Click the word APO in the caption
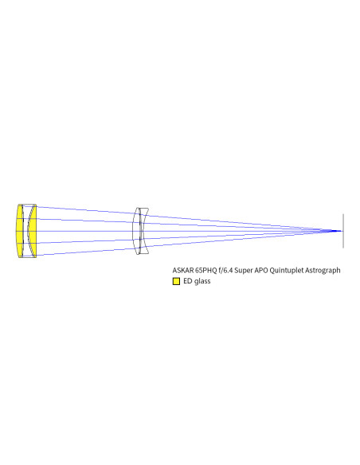tap(260, 270)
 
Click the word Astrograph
tap(323, 271)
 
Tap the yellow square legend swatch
tap(176, 281)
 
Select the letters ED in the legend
tap(188, 281)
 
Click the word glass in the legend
tap(202, 281)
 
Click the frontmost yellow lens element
tap(20, 231)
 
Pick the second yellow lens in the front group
tap(33, 231)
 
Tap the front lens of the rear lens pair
tap(136, 231)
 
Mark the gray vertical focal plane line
tap(343, 231)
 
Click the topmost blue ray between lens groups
tap(86, 210)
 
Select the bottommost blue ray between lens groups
tap(86, 252)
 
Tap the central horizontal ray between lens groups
tap(86, 231)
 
